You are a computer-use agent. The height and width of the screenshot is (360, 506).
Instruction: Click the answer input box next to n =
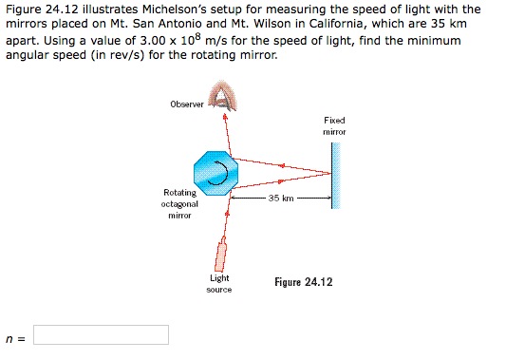point(102,334)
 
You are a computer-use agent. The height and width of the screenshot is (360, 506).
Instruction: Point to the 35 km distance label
point(281,199)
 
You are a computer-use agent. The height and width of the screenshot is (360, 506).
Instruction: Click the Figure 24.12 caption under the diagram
point(304,282)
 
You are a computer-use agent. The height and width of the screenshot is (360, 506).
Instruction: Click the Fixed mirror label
point(333,126)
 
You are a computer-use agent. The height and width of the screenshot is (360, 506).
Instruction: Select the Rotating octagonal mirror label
point(179,204)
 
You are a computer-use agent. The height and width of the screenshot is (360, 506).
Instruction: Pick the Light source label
point(219,283)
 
